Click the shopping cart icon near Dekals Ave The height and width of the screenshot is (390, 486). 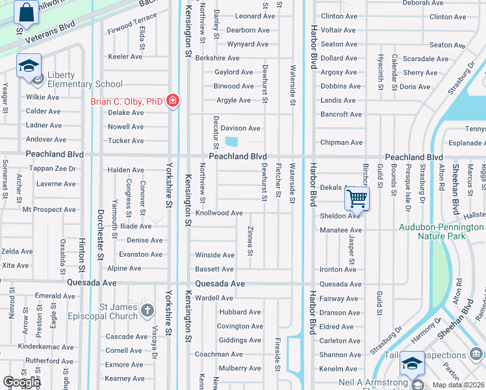click(357, 198)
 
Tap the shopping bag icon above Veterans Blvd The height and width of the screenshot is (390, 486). click(26, 12)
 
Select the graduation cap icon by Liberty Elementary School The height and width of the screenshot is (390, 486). click(29, 66)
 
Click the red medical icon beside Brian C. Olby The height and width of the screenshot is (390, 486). click(173, 101)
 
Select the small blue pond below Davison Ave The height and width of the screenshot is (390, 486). click(231, 142)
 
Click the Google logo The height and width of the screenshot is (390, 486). click(21, 382)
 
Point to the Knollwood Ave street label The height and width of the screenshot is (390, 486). click(219, 213)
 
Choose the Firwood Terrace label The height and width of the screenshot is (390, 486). click(133, 26)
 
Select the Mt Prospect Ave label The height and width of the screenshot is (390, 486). click(49, 210)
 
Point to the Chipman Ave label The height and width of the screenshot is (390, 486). click(341, 142)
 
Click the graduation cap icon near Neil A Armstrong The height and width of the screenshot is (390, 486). click(413, 363)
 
